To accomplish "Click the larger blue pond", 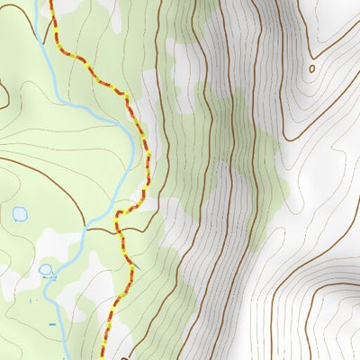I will pos(19,214).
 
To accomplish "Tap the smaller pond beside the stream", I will pos(46,268).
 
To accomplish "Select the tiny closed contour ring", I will pos(312,67).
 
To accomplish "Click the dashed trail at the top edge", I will pos(51,4).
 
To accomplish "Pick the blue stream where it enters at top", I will pos(37,4).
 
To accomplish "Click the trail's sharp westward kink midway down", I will pos(118,215).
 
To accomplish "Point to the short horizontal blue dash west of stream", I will pos(51,322).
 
